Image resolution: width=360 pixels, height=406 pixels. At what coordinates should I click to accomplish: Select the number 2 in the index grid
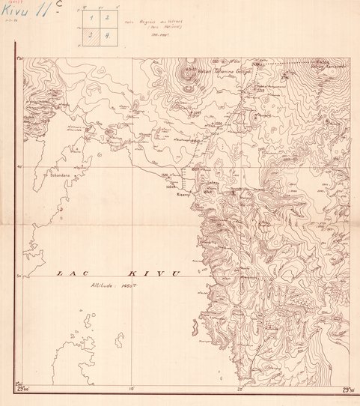[x=106, y=16]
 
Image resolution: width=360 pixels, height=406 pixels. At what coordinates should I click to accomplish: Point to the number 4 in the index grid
[x=106, y=34]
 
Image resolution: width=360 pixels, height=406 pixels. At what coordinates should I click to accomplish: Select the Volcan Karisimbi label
[x=329, y=64]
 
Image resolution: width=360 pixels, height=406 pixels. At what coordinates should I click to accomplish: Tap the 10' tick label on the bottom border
[x=130, y=390]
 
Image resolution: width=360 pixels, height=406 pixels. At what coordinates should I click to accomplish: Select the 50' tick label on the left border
[x=18, y=277]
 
